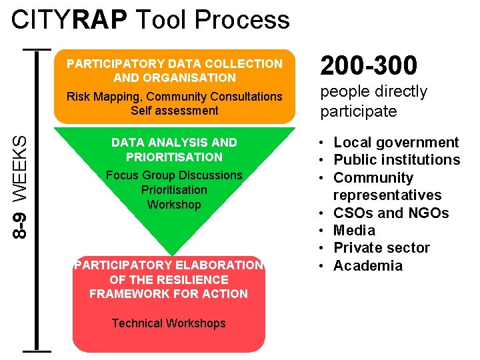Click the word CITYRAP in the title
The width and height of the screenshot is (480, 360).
pos(69,20)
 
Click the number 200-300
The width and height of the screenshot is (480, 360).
pos(369,65)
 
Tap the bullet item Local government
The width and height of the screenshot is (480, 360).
pos(396,143)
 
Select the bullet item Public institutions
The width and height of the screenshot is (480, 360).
pos(397,160)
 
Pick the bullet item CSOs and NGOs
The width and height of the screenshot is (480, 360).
pos(391,213)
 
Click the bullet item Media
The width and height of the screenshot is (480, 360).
pos(354,231)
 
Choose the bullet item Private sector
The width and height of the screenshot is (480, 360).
pos(381,248)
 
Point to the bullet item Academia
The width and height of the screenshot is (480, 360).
pos(368,266)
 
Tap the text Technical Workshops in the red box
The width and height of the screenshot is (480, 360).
pos(169,323)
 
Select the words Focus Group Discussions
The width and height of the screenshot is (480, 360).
pos(174,175)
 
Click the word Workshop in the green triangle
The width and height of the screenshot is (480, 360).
pos(174,205)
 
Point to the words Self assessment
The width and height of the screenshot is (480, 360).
pos(174,111)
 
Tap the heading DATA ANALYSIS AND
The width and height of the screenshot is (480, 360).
pos(174,143)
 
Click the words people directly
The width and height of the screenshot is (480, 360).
pos(373,92)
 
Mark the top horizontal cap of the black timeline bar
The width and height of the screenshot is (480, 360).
pos(37,49)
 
